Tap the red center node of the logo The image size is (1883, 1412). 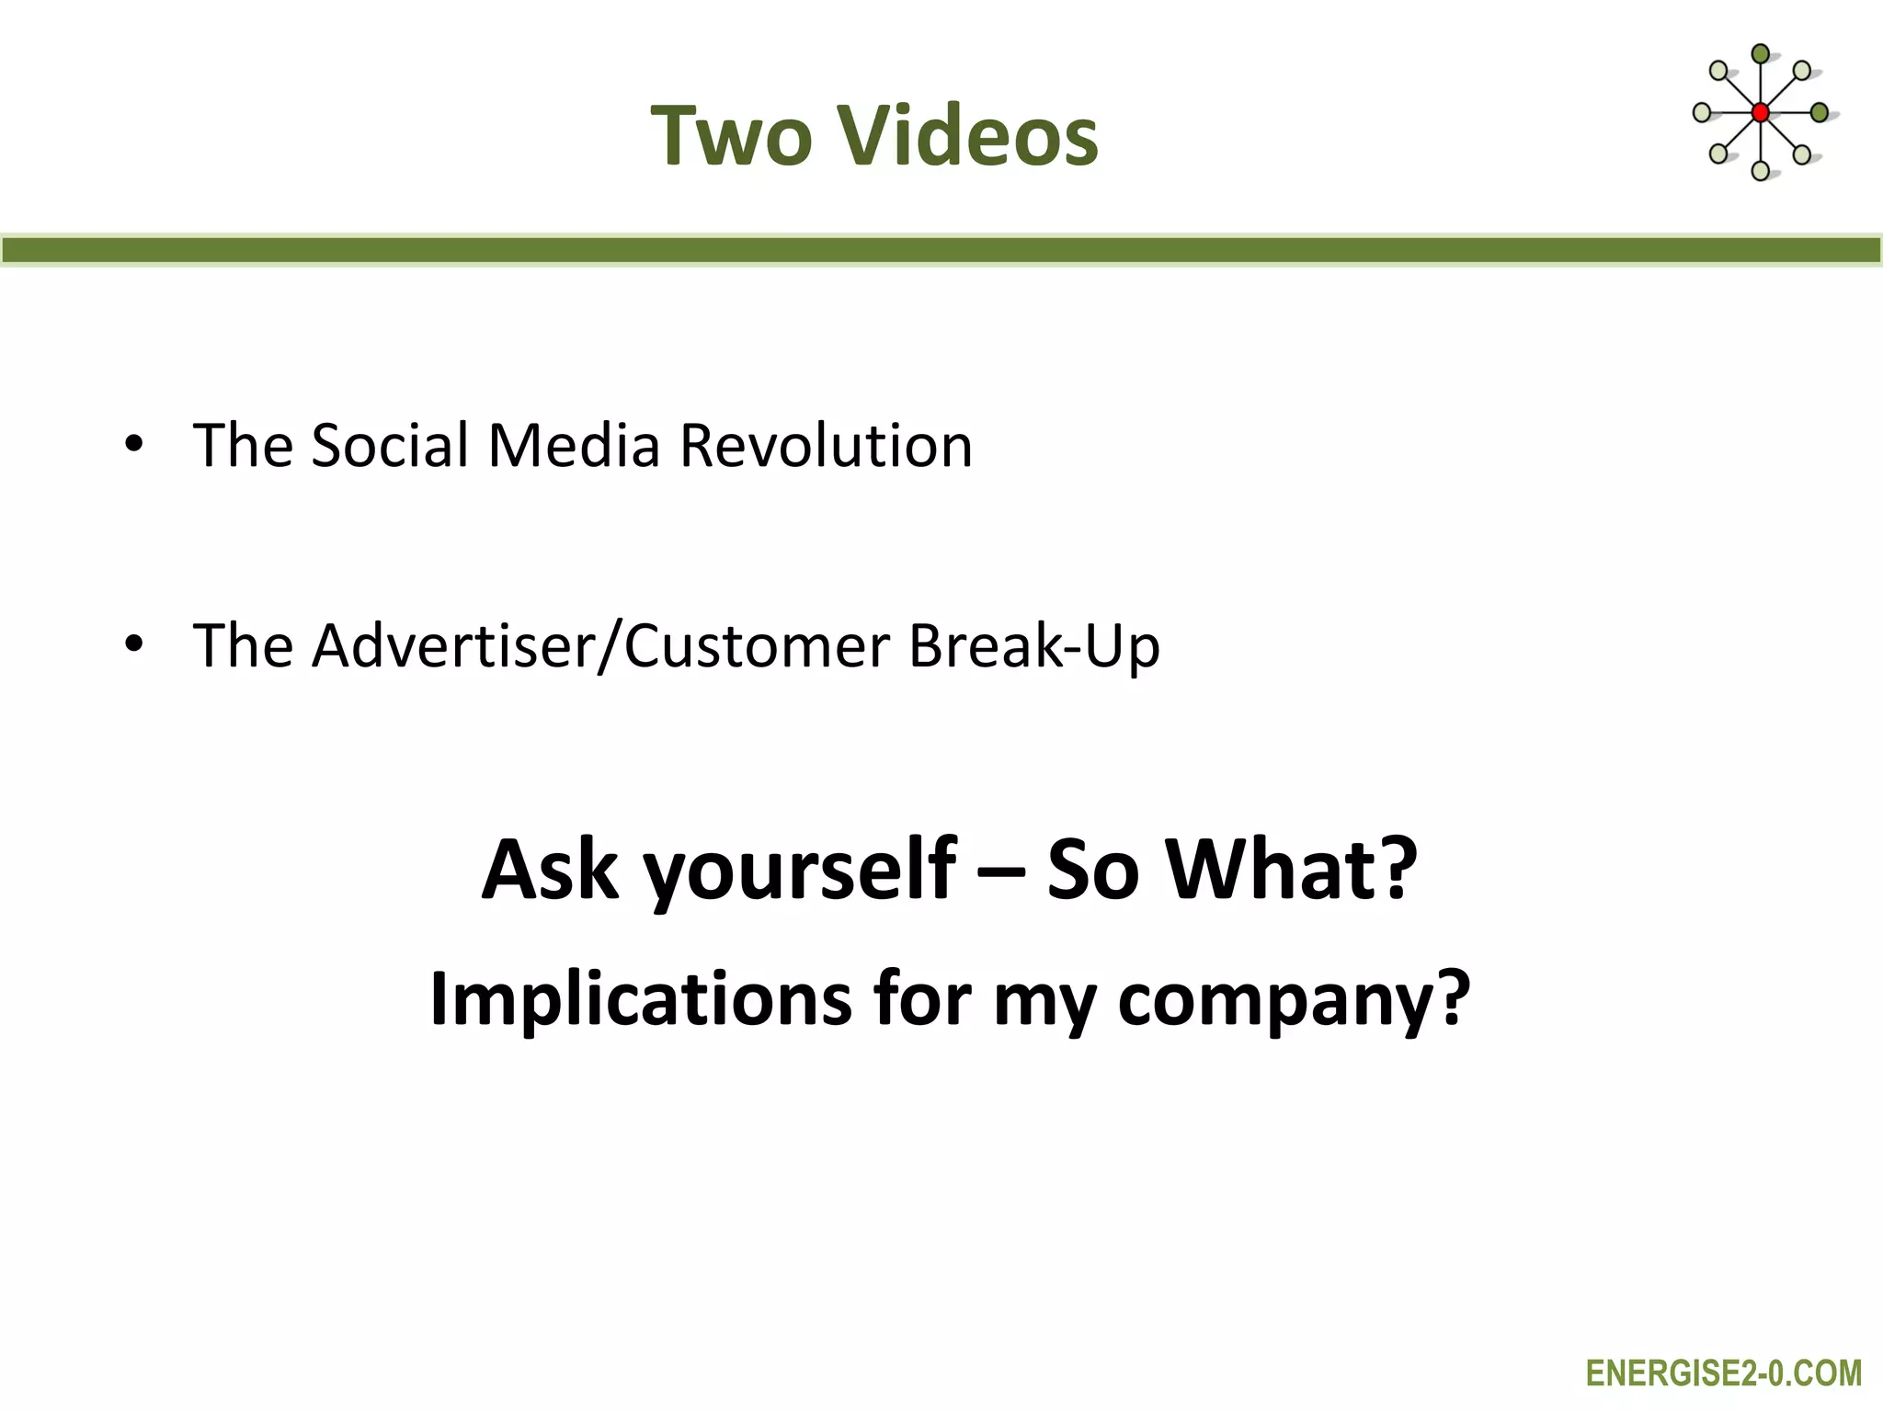(x=1760, y=113)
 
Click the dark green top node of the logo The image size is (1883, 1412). (x=1760, y=54)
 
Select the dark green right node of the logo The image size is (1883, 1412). (x=1819, y=113)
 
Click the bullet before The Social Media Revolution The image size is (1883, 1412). (x=134, y=445)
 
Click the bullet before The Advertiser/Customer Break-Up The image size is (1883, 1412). (x=134, y=644)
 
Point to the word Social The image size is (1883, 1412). (x=390, y=446)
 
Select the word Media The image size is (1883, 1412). (x=574, y=446)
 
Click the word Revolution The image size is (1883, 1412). (x=825, y=446)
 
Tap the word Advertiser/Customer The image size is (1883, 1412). (x=600, y=646)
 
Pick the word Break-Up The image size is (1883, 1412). (x=1033, y=646)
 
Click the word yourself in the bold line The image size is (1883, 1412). (x=799, y=871)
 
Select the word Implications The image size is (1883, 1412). (x=640, y=1000)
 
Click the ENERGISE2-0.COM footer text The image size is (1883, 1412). (x=1723, y=1373)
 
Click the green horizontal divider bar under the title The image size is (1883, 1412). (x=941, y=250)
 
